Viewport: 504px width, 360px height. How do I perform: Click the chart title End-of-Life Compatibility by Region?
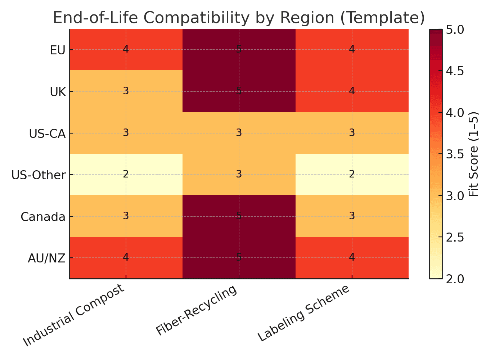[x=239, y=18]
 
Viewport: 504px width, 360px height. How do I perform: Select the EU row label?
[x=58, y=50]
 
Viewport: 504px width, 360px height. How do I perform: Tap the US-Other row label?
[x=39, y=175]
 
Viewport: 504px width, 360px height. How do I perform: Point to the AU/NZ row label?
[x=46, y=258]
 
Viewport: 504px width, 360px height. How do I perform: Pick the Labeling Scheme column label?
[x=304, y=313]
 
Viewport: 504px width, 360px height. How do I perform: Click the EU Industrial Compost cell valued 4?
[x=126, y=49]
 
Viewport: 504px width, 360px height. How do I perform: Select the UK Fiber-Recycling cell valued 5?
[x=239, y=91]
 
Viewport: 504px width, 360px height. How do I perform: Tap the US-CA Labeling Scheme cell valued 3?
[x=352, y=133]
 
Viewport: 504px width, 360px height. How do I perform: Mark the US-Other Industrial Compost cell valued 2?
[x=126, y=175]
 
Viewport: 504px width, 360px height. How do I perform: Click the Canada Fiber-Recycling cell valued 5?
[x=239, y=216]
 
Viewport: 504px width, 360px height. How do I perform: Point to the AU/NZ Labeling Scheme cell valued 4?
[x=352, y=258]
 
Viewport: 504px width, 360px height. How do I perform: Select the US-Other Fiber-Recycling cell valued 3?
[x=239, y=175]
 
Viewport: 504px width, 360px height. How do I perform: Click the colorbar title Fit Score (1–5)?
[x=474, y=154]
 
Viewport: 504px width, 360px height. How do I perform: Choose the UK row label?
[x=58, y=92]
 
